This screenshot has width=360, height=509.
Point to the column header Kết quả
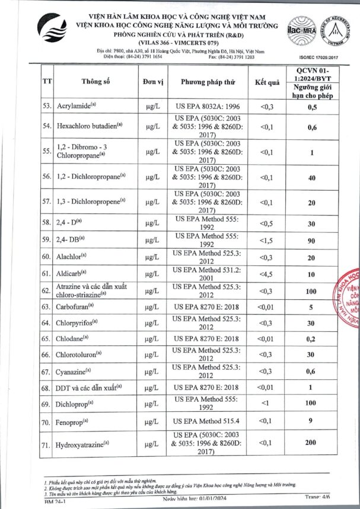[266, 82]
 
